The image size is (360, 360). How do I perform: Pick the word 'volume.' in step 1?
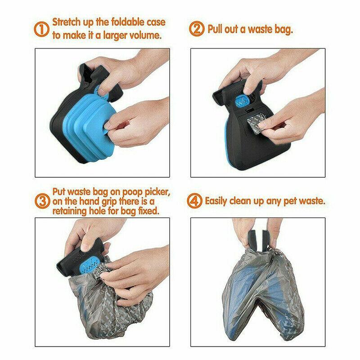click(145, 36)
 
